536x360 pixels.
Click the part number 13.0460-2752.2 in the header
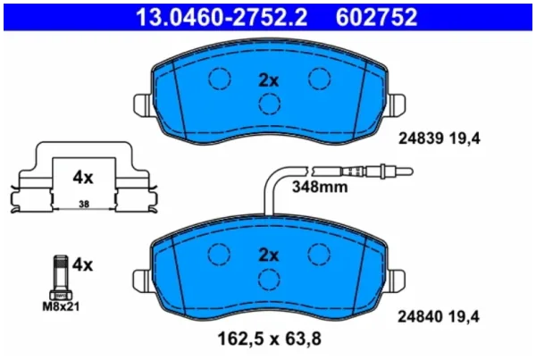tap(222, 17)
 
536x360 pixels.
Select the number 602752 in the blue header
tap(376, 17)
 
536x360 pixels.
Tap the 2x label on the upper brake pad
tap(269, 80)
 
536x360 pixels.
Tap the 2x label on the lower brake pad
tap(269, 255)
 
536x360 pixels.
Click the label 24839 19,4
tap(440, 138)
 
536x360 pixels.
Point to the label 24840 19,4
tap(439, 316)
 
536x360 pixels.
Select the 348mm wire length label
tap(320, 187)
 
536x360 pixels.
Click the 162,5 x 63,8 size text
tap(270, 339)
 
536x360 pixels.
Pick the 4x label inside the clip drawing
tap(83, 178)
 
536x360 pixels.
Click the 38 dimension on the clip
tap(84, 204)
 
